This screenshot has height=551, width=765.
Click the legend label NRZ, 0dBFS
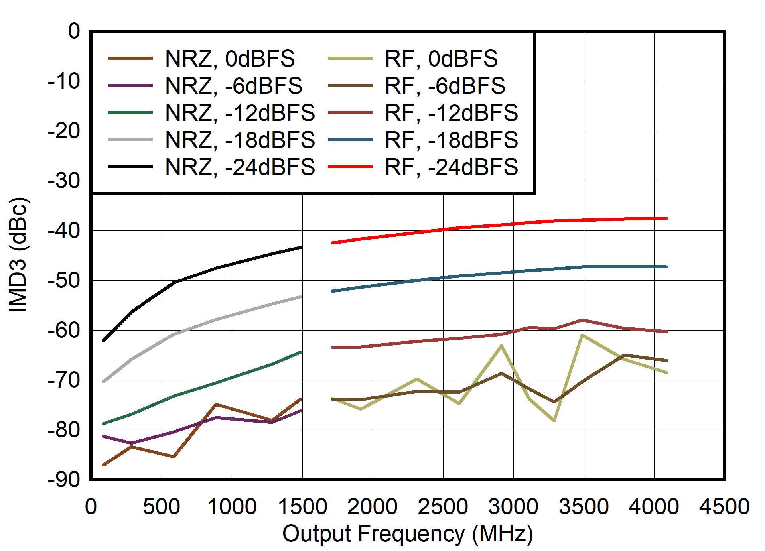(x=230, y=59)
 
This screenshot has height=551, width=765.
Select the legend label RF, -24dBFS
(x=451, y=167)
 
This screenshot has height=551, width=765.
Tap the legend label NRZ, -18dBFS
(x=240, y=140)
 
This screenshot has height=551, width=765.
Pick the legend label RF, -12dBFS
(x=451, y=113)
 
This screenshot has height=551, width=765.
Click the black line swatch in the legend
(x=130, y=167)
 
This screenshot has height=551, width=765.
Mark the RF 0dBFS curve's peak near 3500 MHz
(x=583, y=335)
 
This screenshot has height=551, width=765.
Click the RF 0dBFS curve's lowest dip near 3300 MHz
(x=554, y=421)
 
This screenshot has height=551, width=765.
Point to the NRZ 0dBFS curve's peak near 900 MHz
(x=216, y=405)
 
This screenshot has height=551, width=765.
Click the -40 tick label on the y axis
(x=64, y=230)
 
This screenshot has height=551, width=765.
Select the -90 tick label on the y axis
(x=64, y=480)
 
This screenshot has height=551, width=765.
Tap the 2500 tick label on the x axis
(x=443, y=507)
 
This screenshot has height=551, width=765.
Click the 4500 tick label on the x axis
(x=724, y=507)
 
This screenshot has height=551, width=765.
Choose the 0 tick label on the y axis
(x=74, y=31)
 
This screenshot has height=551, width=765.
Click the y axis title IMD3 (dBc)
(x=18, y=254)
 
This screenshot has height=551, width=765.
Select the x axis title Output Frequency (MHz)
(x=408, y=534)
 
